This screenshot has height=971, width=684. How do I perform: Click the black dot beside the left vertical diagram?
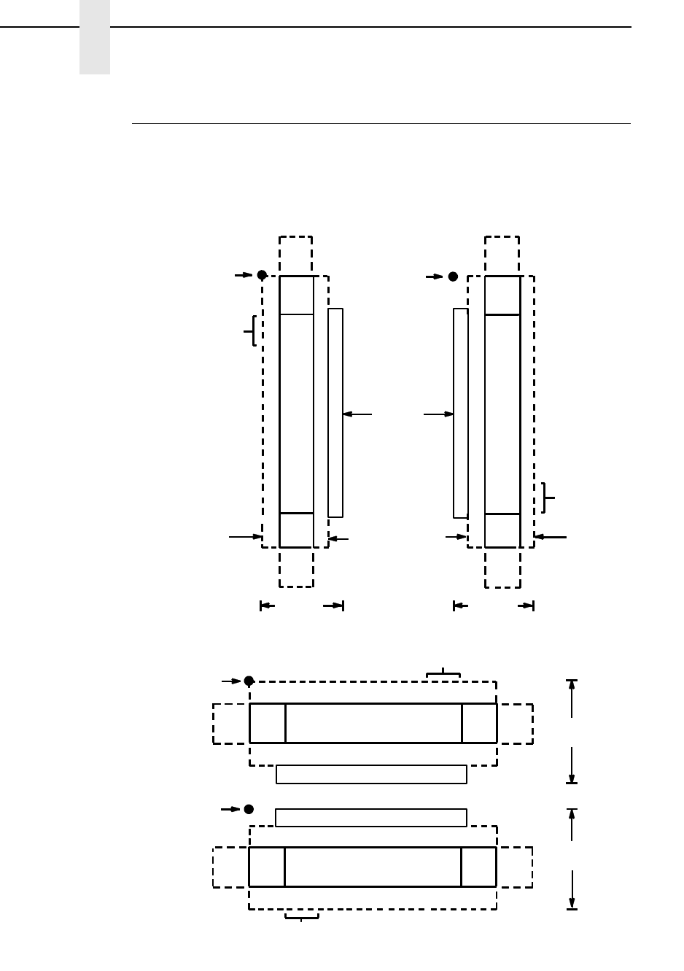(262, 275)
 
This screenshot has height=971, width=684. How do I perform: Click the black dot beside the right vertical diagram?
(453, 276)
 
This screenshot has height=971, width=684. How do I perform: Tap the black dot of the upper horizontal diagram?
(249, 681)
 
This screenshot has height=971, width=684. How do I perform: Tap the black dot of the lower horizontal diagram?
(249, 809)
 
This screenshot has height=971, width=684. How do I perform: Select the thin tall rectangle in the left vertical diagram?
(335, 413)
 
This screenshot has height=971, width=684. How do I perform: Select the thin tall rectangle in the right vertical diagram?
(460, 413)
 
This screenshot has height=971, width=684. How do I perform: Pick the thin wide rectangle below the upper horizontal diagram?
(371, 774)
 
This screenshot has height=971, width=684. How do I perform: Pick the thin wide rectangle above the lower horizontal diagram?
(371, 818)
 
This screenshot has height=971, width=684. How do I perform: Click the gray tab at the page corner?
(95, 37)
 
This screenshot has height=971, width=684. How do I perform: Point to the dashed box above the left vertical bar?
(296, 255)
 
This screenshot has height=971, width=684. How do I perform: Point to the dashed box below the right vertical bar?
(502, 568)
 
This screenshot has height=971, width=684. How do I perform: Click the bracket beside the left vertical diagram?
(252, 330)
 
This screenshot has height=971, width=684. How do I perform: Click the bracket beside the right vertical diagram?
(548, 498)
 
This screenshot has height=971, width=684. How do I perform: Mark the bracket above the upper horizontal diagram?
(443, 674)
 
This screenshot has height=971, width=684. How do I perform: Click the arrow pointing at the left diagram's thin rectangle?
(357, 414)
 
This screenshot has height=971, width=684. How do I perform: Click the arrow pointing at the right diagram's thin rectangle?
(438, 414)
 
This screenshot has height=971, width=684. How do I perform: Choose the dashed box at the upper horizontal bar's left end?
(231, 724)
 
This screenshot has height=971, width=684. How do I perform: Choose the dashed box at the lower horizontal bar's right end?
(514, 867)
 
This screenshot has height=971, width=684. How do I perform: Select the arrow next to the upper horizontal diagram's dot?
(231, 681)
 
